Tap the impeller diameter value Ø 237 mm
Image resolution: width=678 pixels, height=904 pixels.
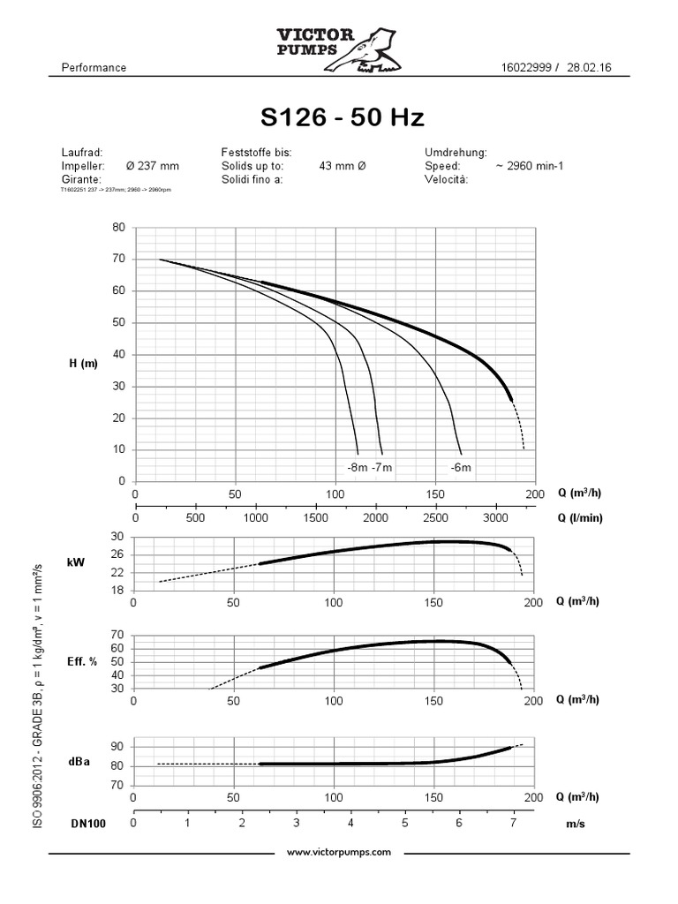tap(153, 165)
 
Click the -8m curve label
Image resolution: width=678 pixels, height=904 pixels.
tap(358, 466)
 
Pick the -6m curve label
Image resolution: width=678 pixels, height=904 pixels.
tap(461, 466)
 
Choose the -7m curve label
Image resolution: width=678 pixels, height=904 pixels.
tap(382, 466)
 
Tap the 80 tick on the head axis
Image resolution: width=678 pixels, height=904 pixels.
tap(118, 227)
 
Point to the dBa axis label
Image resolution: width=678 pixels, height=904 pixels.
tap(78, 758)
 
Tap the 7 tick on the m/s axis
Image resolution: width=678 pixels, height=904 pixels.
tap(514, 823)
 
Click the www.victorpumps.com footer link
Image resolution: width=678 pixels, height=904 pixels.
tap(339, 853)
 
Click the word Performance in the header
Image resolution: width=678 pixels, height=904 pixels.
tap(94, 68)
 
